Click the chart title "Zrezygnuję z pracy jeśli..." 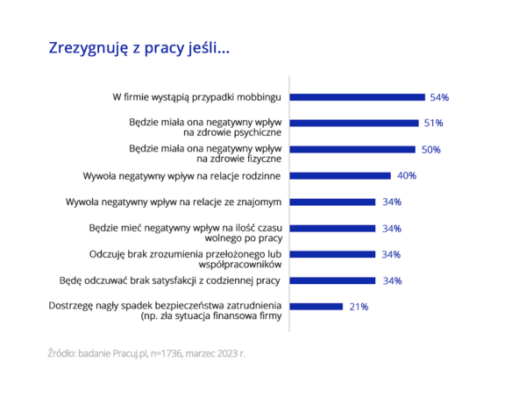(x=139, y=48)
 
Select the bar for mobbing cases (x=357, y=96)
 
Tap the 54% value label (x=439, y=96)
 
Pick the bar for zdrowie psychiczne (x=353, y=123)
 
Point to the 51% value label (x=433, y=123)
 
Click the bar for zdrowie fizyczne (x=352, y=149)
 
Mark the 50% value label (x=430, y=150)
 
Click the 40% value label (x=406, y=176)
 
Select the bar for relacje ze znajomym (x=331, y=202)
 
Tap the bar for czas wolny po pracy (x=331, y=228)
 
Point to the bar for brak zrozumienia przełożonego (x=331, y=254)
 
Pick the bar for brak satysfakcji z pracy (x=331, y=280)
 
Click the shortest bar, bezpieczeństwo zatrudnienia (x=316, y=307)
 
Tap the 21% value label (x=359, y=308)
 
